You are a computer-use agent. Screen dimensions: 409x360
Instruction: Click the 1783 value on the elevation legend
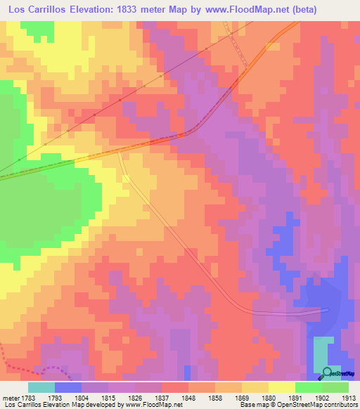pos(28,397)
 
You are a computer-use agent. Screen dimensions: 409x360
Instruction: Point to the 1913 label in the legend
pos(347,397)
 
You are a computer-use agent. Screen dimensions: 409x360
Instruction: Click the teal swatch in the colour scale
pos(41,387)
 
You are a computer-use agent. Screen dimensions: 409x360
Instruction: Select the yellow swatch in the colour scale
pos(281,387)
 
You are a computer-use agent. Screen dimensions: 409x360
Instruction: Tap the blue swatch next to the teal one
pos(67,387)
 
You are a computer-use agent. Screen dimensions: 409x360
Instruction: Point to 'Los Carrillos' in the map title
pos(35,11)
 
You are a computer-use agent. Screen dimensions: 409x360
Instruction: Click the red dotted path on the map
pos(28,367)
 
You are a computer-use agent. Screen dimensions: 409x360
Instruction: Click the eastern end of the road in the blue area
pos(327,309)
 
